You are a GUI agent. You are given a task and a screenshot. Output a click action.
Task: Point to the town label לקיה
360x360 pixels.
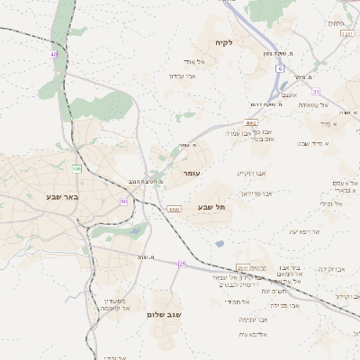[224, 42]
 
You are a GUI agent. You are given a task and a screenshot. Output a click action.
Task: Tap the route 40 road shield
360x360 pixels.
[54, 55]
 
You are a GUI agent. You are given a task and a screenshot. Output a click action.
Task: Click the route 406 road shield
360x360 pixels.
[76, 168]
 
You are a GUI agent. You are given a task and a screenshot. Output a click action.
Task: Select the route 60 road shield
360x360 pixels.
[123, 201]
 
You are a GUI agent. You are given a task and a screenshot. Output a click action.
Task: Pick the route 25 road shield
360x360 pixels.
[182, 264]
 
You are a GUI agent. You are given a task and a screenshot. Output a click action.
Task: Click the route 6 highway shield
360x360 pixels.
[280, 68]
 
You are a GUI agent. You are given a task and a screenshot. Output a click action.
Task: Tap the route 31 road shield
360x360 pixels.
[316, 91]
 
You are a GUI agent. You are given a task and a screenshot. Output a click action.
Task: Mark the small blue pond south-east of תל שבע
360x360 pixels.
[220, 243]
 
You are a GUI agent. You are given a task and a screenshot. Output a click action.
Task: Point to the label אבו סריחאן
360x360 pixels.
[257, 193]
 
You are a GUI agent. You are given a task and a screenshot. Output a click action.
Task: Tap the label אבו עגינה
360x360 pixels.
[253, 319]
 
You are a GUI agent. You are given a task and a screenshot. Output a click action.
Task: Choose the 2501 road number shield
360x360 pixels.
[242, 267]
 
